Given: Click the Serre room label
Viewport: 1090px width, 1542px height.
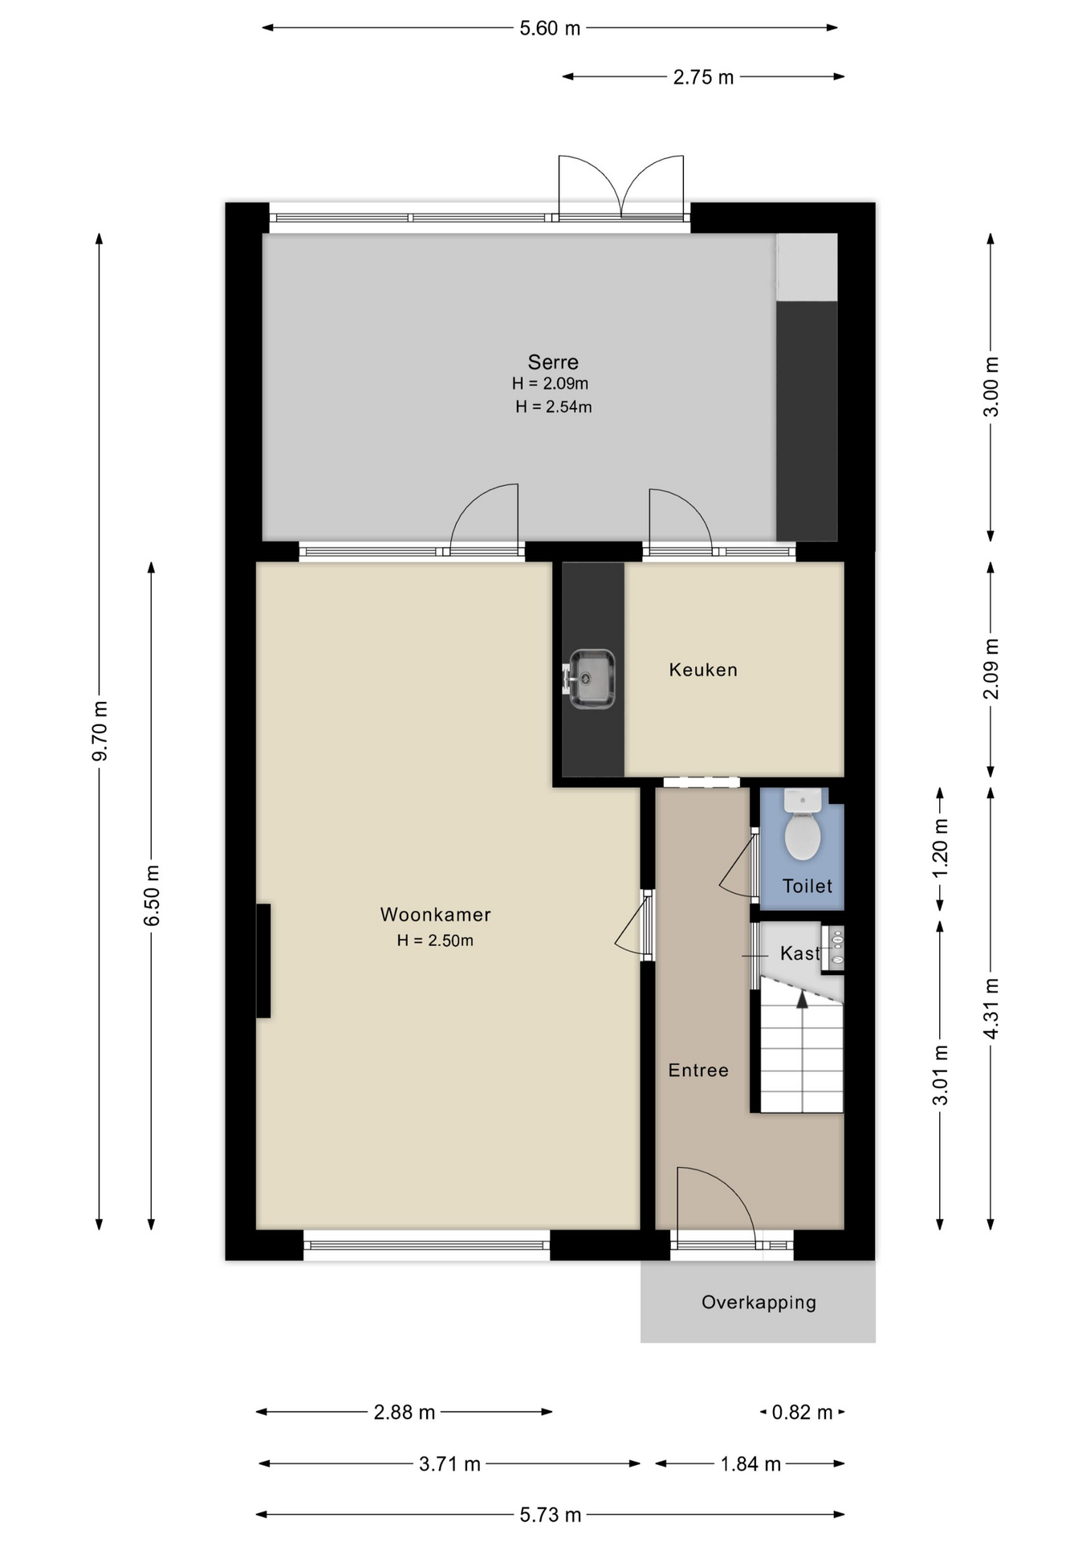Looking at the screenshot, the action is click(553, 362).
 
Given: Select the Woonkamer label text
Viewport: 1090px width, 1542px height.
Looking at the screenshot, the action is click(435, 914).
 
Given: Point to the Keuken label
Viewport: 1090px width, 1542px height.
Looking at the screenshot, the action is click(703, 670).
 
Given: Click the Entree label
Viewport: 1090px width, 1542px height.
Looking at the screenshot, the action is click(698, 1070).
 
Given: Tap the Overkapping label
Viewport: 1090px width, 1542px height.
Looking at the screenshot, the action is click(759, 1302).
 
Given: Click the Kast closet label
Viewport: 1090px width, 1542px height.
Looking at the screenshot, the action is click(799, 953).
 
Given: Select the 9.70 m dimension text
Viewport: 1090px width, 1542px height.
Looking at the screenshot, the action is click(100, 731).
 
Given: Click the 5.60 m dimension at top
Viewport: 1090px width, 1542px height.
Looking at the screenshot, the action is click(550, 29).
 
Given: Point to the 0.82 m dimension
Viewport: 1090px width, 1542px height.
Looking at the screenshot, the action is click(802, 1412).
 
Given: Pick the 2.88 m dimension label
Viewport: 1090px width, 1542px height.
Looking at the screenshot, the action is click(405, 1412).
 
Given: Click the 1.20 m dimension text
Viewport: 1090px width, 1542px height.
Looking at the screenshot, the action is click(940, 848).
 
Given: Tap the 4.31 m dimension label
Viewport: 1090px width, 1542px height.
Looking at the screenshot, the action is click(991, 1009).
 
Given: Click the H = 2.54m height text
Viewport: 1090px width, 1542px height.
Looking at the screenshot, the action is click(554, 407).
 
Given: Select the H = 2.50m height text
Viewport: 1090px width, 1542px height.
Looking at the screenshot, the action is click(435, 940).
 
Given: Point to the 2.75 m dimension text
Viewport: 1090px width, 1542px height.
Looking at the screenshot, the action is click(703, 77).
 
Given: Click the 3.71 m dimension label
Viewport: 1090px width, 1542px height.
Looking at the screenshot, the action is click(449, 1464).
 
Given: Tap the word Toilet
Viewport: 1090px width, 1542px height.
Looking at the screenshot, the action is click(807, 886).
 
